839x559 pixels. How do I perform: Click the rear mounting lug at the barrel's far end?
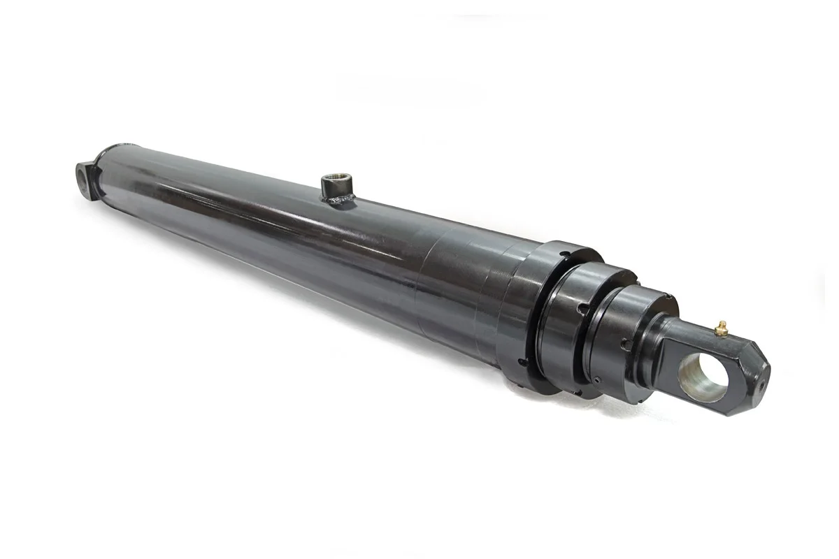coord(85,177)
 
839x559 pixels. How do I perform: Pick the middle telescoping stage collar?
coord(570,328)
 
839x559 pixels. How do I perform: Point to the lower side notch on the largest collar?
coord(523,363)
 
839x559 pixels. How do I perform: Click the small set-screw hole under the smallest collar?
coord(598,380)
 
